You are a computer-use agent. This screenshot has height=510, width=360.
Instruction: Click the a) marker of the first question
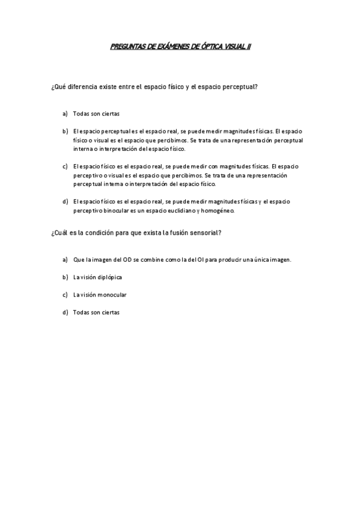coord(64,113)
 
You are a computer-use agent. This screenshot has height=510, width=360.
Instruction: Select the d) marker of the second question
coord(64,312)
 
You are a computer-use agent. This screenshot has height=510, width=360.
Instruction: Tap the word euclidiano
coord(178,211)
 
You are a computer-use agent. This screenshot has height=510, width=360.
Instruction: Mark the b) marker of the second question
coord(64,277)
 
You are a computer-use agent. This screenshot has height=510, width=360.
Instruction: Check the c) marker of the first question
coord(64,165)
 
